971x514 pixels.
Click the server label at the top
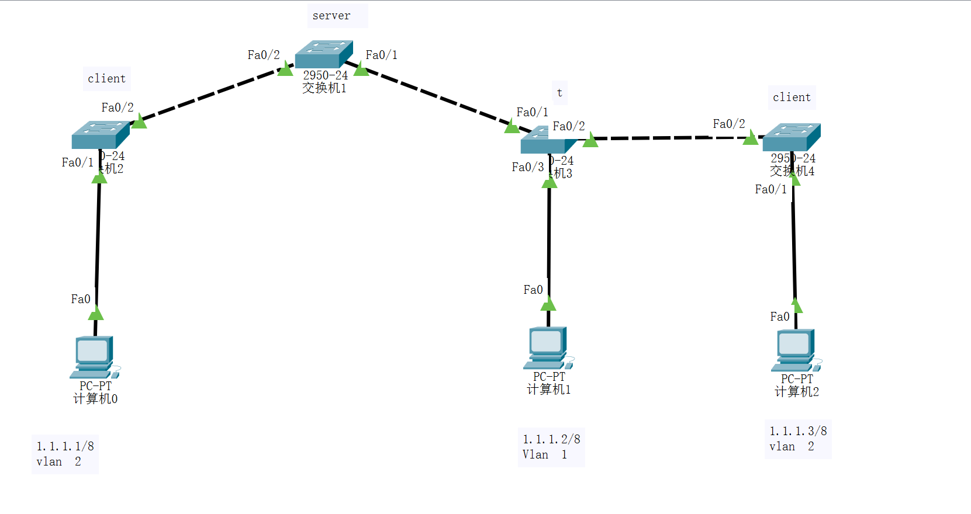pyautogui.click(x=331, y=16)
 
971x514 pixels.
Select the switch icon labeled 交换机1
pyautogui.click(x=323, y=54)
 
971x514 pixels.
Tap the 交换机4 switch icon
pyautogui.click(x=791, y=137)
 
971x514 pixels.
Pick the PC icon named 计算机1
pyautogui.click(x=548, y=348)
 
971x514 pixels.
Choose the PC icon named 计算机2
pyautogui.click(x=796, y=350)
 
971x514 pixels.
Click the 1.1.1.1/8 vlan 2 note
pyautogui.click(x=65, y=454)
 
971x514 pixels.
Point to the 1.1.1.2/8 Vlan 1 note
pyautogui.click(x=551, y=447)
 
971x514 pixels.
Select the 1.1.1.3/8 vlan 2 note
pyautogui.click(x=797, y=439)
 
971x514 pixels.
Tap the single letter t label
pyautogui.click(x=559, y=93)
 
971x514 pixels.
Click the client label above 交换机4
pyautogui.click(x=792, y=98)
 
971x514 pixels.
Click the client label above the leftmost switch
pyautogui.click(x=106, y=79)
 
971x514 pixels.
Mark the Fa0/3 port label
pyautogui.click(x=527, y=168)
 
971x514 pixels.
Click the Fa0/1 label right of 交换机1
pyautogui.click(x=381, y=55)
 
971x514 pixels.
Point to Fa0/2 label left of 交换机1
pyautogui.click(x=263, y=55)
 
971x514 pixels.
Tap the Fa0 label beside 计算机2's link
pyautogui.click(x=779, y=317)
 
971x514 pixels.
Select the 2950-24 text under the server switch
pyautogui.click(x=325, y=75)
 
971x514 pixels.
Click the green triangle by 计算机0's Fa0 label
pyautogui.click(x=96, y=314)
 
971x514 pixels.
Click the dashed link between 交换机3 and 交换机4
pyautogui.click(x=672, y=138)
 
